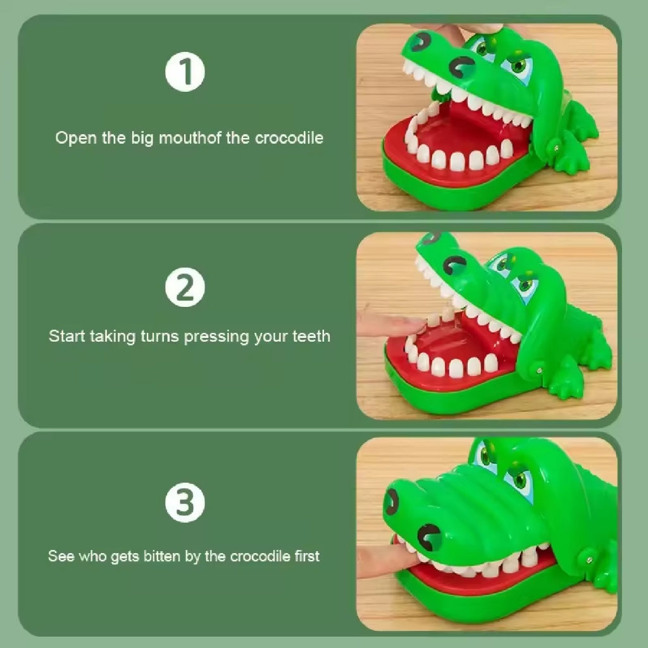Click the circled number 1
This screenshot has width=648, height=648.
pyautogui.click(x=185, y=72)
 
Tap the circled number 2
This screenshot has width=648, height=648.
pyautogui.click(x=185, y=287)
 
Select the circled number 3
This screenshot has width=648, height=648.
pyautogui.click(x=185, y=502)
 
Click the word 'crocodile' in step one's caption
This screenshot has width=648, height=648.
pyautogui.click(x=289, y=137)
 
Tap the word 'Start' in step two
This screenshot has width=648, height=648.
pyautogui.click(x=66, y=336)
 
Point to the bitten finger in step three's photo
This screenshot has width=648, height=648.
pyautogui.click(x=387, y=560)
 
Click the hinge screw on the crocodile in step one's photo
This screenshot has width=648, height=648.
pyautogui.click(x=556, y=148)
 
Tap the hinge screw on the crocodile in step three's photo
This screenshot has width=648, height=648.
pyautogui.click(x=589, y=559)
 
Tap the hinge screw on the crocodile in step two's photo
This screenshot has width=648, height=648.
pyautogui.click(x=539, y=370)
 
